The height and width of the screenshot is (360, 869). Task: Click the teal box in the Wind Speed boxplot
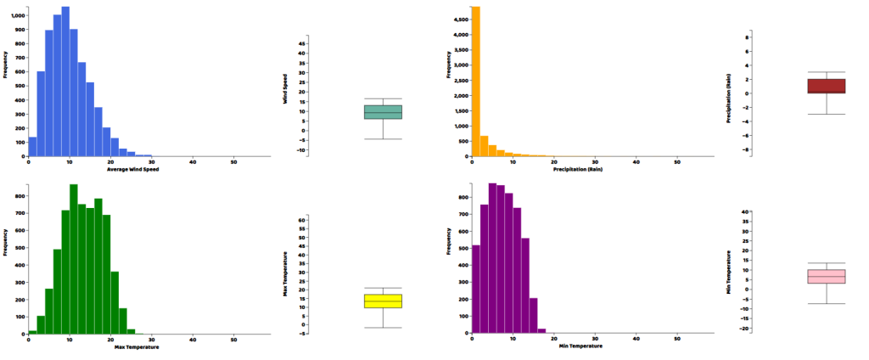pyautogui.click(x=383, y=112)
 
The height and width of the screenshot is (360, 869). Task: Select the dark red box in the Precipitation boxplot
pyautogui.click(x=826, y=86)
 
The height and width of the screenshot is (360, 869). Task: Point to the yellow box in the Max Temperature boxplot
pyautogui.click(x=383, y=301)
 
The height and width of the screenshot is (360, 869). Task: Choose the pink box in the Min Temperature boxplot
pyautogui.click(x=826, y=276)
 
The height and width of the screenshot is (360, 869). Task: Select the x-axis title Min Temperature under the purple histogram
pyautogui.click(x=580, y=347)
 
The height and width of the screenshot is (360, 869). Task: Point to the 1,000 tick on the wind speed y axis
pyautogui.click(x=17, y=15)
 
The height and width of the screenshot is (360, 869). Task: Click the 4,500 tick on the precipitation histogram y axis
pyautogui.click(x=459, y=19)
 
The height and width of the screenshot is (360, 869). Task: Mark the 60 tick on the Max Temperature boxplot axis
pyautogui.click(x=300, y=219)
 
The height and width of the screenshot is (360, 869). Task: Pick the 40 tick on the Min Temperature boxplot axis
pyautogui.click(x=743, y=211)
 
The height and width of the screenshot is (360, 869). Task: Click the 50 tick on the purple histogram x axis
pyautogui.click(x=676, y=339)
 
